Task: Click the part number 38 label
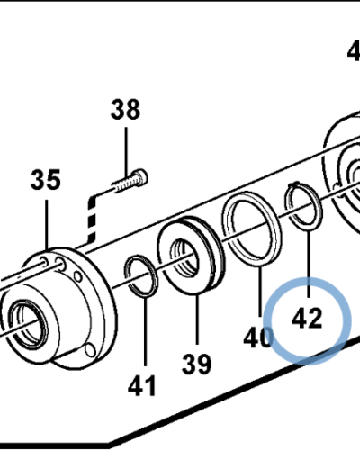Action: pyautogui.click(x=126, y=111)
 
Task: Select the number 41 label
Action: pyautogui.click(x=142, y=387)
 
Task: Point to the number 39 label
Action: pyautogui.click(x=197, y=364)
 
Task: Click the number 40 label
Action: pyautogui.click(x=256, y=337)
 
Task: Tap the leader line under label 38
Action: pyautogui.click(x=126, y=148)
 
